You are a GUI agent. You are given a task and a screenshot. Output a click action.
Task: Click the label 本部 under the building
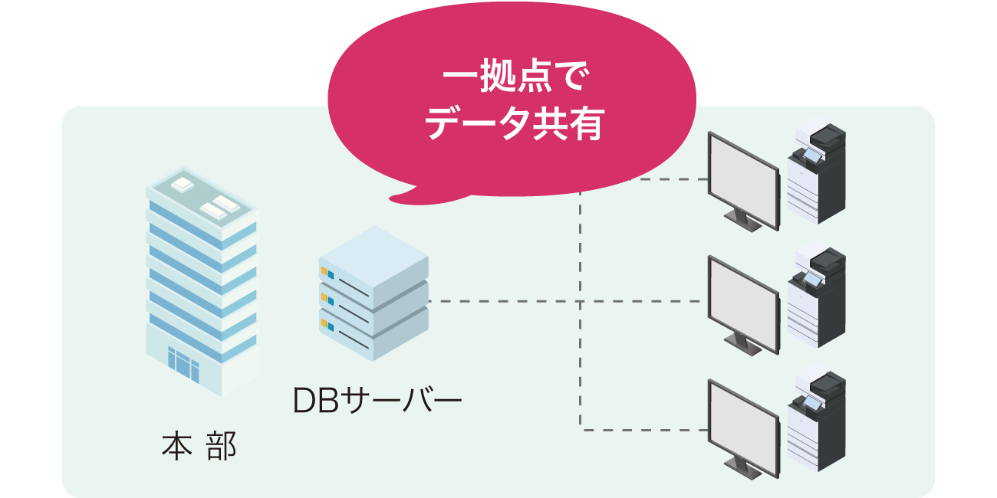click(x=199, y=447)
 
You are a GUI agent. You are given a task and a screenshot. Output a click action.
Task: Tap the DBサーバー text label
click(x=377, y=401)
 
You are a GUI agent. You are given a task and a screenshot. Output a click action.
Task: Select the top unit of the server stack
click(x=373, y=264)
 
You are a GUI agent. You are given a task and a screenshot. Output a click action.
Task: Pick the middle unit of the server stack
click(x=373, y=300)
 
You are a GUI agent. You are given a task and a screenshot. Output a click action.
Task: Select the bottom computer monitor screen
click(x=742, y=425)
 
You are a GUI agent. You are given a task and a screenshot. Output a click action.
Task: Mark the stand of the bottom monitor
click(x=742, y=467)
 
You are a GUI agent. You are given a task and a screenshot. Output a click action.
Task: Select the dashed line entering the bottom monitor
click(x=644, y=429)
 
